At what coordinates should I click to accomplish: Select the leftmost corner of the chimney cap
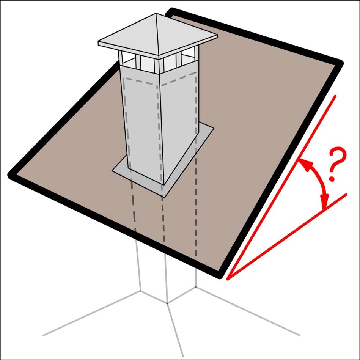coord(99,43)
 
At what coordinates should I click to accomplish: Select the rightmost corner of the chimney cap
coord(217,36)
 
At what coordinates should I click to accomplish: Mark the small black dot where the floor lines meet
coord(167,303)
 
